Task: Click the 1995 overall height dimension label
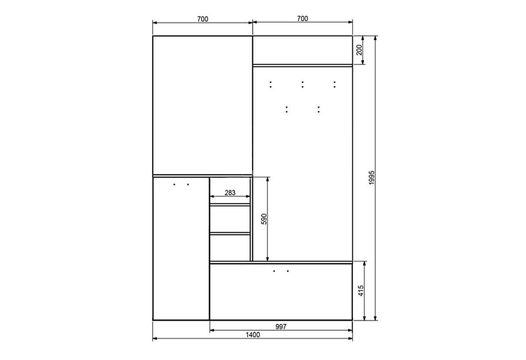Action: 372,178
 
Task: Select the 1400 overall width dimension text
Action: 253,335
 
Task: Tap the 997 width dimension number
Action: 281,327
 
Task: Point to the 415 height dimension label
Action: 361,291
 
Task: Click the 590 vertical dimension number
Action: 264,219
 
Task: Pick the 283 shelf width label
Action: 230,193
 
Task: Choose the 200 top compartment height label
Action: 359,50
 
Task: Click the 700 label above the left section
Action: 203,19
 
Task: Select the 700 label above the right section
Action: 303,19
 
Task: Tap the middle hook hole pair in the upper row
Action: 303,84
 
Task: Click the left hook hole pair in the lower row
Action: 287,109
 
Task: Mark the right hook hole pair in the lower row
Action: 319,109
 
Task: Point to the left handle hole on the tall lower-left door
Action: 174,184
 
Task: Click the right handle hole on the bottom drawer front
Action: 288,271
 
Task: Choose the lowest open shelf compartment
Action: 230,248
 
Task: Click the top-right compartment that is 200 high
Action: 303,50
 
